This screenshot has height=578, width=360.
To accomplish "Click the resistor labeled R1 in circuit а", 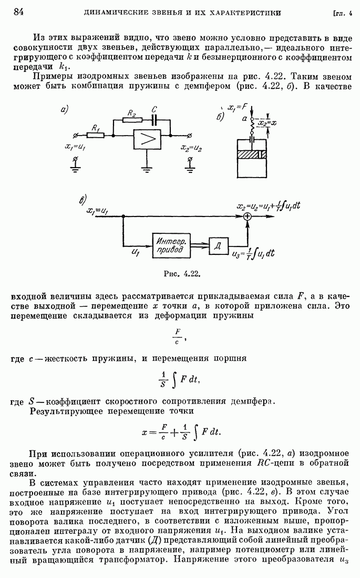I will tap(95, 135).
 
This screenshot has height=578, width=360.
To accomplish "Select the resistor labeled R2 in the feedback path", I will tap(132, 119).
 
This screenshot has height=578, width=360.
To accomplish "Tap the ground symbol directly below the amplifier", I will tap(146, 169).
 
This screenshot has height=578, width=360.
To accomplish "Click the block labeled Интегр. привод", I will tap(170, 245).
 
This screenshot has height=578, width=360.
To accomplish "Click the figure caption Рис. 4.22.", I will tap(183, 273).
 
